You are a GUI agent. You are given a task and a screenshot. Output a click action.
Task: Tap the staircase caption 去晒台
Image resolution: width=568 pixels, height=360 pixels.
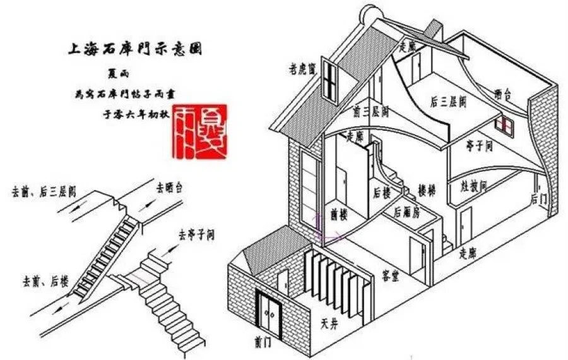173,188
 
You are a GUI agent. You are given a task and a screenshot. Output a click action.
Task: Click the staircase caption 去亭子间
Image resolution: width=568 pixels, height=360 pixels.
196,235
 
